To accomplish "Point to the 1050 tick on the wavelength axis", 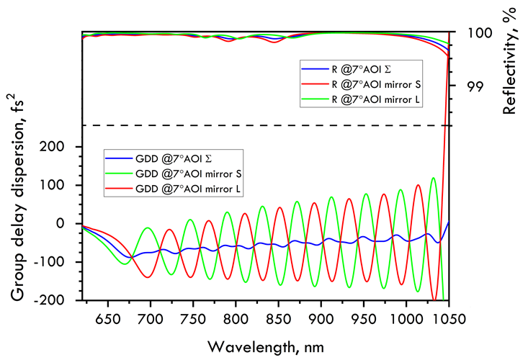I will pos(448,318).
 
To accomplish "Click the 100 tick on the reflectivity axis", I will pos(469,32).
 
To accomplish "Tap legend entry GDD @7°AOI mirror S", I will pos(187,174).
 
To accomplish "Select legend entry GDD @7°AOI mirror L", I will pos(187,189).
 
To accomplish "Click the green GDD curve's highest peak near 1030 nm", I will pos(434,178).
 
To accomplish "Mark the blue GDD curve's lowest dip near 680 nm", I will pos(130,257).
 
